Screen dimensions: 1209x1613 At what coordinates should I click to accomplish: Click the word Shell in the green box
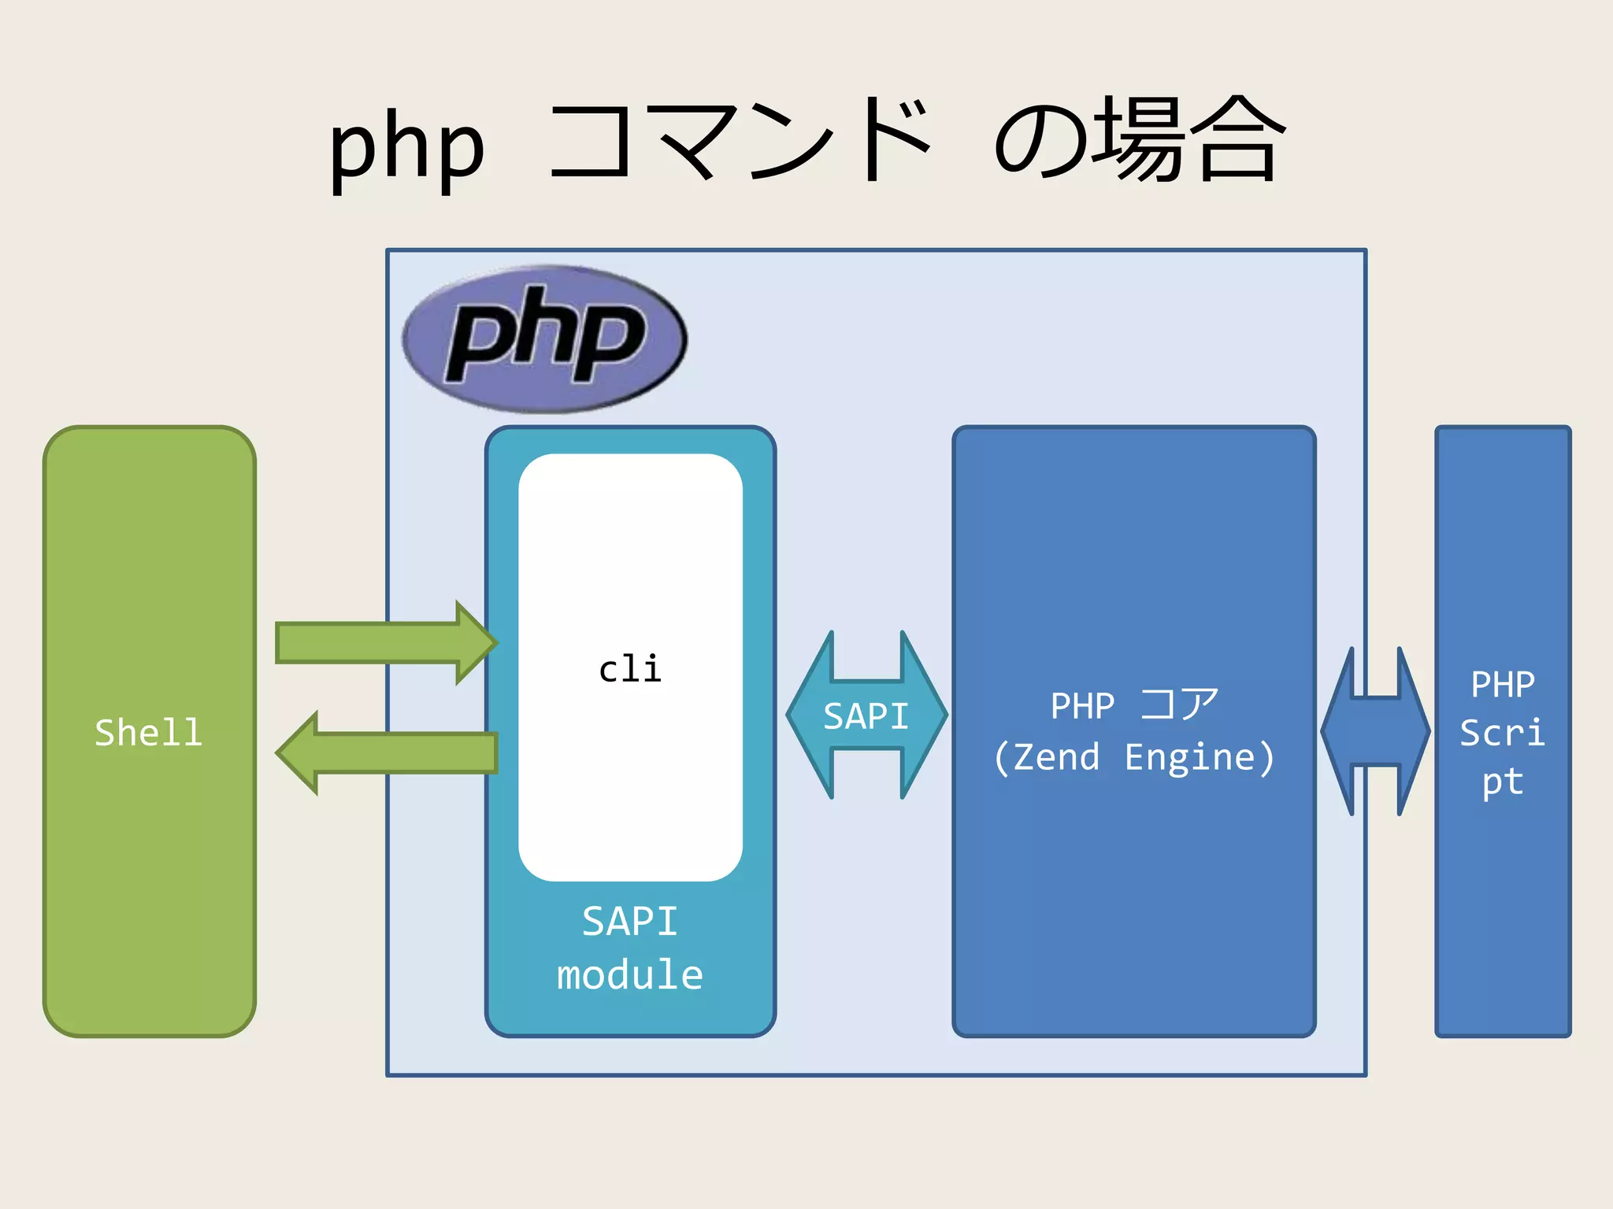tap(148, 733)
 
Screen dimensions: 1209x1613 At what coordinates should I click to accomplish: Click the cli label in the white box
tap(630, 669)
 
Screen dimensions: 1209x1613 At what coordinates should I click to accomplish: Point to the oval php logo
tap(544, 339)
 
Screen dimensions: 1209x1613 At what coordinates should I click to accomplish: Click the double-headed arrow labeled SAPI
tap(866, 715)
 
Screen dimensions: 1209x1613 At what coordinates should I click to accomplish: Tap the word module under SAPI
tap(630, 974)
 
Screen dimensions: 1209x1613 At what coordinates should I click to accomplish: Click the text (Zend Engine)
tap(1133, 757)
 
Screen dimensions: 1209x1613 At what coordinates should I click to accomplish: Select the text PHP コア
tap(1133, 704)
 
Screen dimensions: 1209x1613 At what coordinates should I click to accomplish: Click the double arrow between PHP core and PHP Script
tap(1375, 731)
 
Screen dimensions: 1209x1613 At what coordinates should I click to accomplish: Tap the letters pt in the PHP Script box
tap(1503, 782)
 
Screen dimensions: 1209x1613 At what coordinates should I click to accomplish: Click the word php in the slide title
tap(406, 147)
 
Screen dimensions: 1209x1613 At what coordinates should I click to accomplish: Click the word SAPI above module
tap(630, 921)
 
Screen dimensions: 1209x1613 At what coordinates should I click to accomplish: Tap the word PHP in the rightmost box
tap(1503, 684)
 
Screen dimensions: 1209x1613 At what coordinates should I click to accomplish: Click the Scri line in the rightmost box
tap(1503, 733)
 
